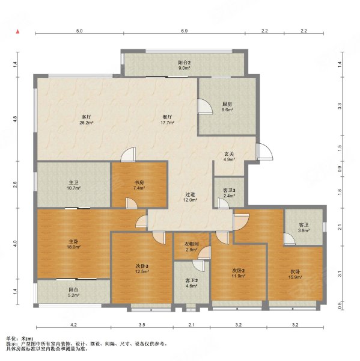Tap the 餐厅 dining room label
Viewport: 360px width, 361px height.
pyautogui.click(x=167, y=117)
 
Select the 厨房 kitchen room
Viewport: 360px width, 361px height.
pyautogui.click(x=227, y=106)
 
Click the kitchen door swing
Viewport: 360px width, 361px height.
pyautogui.click(x=205, y=106)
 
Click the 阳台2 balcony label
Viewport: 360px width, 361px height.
pyautogui.click(x=185, y=63)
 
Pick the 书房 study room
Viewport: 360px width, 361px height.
pyautogui.click(x=139, y=185)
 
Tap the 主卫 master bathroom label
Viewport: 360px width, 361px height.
pyautogui.click(x=73, y=183)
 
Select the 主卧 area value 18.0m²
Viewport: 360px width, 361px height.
pyautogui.click(x=73, y=247)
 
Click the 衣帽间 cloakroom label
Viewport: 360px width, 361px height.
pyautogui.click(x=192, y=244)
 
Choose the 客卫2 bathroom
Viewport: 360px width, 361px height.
pyautogui.click(x=191, y=283)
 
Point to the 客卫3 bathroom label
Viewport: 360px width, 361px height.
pyautogui.click(x=229, y=190)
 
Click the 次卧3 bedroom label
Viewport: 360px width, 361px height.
pyautogui.click(x=142, y=266)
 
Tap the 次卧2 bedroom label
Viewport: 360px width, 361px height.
pyautogui.click(x=239, y=271)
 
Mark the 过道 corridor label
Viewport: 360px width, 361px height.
pyautogui.click(x=191, y=194)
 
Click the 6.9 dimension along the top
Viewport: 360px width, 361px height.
pyautogui.click(x=185, y=31)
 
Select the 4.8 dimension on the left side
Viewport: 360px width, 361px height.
pyautogui.click(x=15, y=119)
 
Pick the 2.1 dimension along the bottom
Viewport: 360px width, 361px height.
pyautogui.click(x=192, y=325)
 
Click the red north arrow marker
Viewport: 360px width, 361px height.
pyautogui.click(x=17, y=31)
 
